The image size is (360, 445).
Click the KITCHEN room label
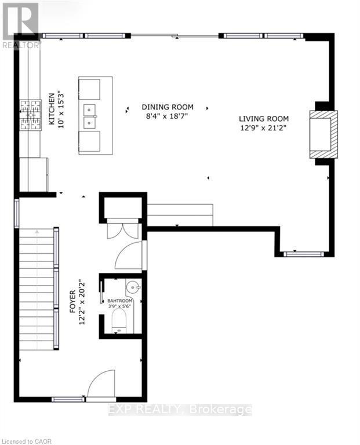pos(51,109)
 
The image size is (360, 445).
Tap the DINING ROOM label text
pos(168,107)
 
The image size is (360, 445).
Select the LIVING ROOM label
pos(264,118)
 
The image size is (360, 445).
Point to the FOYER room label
pos(74,302)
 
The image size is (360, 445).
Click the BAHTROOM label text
pos(120,301)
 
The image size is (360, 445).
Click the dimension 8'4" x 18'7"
pos(168,116)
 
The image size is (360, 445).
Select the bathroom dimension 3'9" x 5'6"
pos(120,308)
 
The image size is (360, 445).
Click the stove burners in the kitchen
pos(30,115)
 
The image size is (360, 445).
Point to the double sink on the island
pos(90,116)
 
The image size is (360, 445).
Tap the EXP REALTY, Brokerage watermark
pos(180,410)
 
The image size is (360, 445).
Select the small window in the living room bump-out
pos(303,254)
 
